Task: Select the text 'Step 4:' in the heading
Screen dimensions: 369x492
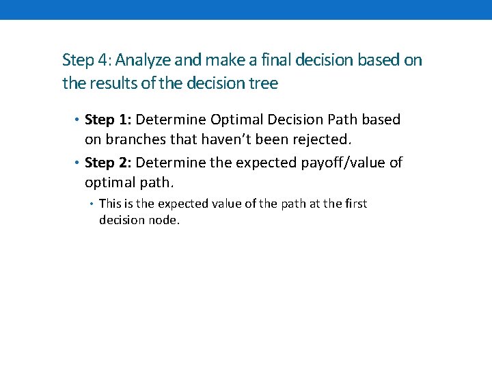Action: tap(82, 60)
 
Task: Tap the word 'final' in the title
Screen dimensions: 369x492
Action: tap(278, 60)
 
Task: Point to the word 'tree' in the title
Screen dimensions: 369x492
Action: tap(266, 83)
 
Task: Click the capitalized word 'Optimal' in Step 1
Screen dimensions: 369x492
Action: tap(234, 120)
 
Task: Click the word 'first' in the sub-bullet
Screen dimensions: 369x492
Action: tap(355, 204)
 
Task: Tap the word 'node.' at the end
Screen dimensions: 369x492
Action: tap(165, 220)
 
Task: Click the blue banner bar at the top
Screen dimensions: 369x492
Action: tap(246, 10)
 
